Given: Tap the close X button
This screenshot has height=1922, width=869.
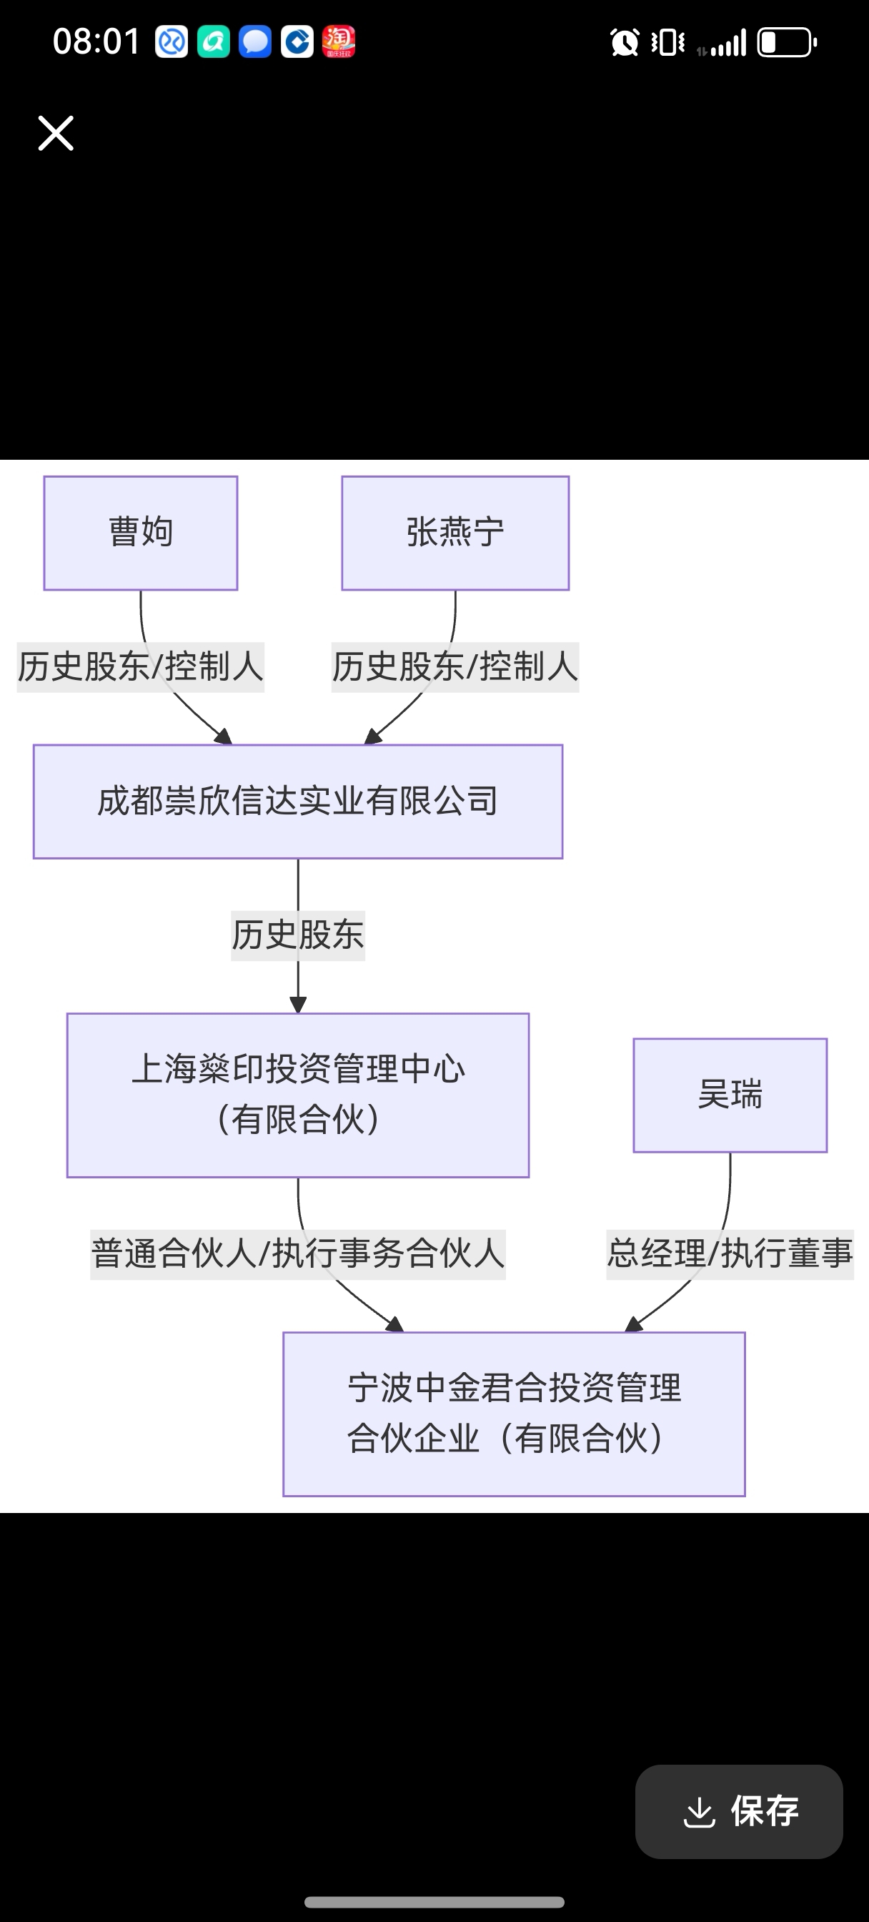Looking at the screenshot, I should click(x=56, y=134).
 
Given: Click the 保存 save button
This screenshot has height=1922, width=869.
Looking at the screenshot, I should click(x=738, y=1811).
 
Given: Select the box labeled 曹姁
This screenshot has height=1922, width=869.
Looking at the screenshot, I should click(x=141, y=533).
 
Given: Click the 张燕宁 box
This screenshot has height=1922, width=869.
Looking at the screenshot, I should click(x=455, y=533).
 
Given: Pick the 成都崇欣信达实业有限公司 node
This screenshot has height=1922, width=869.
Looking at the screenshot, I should click(x=297, y=802).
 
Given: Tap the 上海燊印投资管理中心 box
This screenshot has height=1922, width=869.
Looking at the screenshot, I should click(x=297, y=1095).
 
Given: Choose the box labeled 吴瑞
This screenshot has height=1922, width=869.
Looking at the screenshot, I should click(x=730, y=1095).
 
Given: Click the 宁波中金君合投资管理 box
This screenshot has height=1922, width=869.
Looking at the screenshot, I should click(x=514, y=1413).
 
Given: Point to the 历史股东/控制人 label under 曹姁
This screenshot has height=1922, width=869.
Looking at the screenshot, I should click(x=141, y=667).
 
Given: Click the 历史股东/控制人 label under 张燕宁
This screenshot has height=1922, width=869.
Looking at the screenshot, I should click(x=455, y=667).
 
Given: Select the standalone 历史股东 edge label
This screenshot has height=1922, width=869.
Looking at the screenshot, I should click(x=297, y=935).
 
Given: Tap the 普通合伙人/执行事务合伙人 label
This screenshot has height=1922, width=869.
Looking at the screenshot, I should click(x=297, y=1253).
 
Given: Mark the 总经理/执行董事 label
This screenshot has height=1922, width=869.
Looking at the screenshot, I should click(x=730, y=1253).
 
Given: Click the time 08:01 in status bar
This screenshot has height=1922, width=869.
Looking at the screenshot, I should click(x=96, y=41).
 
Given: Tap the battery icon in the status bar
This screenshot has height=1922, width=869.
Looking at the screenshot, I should click(x=787, y=42).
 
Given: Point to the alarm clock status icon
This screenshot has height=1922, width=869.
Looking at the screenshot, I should click(x=625, y=42).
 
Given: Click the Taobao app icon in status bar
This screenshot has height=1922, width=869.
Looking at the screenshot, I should click(x=339, y=41).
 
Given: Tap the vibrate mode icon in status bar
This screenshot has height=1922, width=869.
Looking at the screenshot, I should click(x=667, y=42).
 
